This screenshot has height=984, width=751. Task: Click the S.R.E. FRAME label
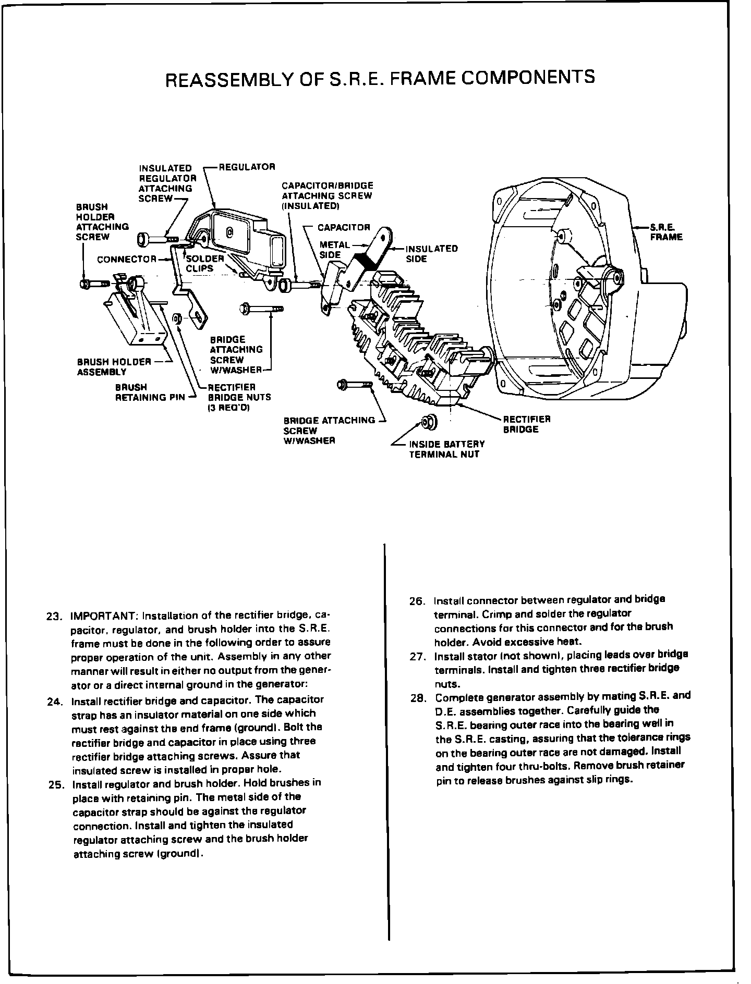point(665,232)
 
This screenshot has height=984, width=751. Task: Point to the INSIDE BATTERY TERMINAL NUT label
point(446,449)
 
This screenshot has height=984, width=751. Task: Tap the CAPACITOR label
point(344,228)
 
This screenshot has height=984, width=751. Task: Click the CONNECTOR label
point(127,259)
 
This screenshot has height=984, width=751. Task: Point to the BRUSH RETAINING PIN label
point(150,392)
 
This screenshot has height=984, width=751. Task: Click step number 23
point(54,616)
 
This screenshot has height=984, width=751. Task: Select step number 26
point(418,601)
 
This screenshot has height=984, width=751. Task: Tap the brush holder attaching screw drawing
point(94,284)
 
